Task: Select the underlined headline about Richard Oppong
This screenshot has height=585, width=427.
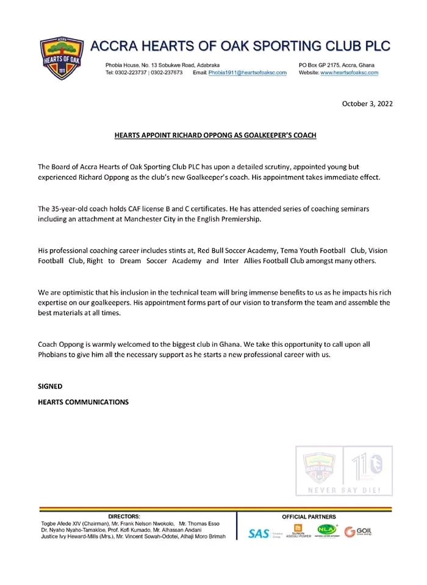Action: [215, 135]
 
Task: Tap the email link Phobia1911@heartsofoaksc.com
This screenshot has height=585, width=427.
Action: [248, 73]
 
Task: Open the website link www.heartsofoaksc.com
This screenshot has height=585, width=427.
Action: [349, 73]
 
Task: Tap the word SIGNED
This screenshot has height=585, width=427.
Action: [50, 386]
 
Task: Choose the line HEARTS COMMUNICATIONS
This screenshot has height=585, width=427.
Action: [83, 402]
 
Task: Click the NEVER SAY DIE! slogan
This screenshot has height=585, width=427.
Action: [344, 491]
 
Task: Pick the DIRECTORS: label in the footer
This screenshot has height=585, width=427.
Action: [124, 517]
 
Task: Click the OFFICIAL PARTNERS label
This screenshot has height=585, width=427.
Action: [309, 517]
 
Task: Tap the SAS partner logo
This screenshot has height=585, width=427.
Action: [259, 534]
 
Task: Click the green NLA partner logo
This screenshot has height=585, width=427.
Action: [326, 530]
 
